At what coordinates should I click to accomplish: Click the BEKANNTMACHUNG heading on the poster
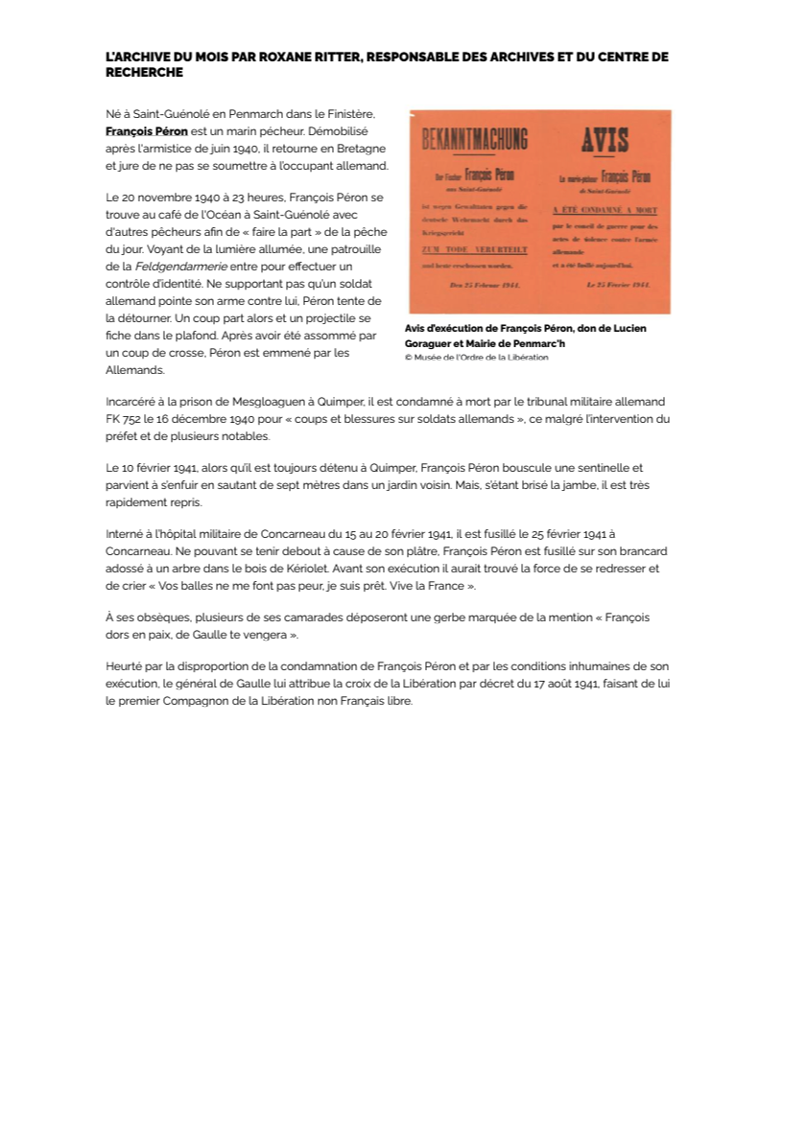475,141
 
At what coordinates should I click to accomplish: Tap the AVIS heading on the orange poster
604,141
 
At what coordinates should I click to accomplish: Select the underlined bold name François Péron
147,130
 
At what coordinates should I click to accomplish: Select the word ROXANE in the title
260,58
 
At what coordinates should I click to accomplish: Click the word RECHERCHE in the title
144,73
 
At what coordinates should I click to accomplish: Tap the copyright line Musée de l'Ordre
477,358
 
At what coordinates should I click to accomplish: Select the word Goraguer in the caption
434,343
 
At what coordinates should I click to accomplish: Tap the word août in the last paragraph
519,684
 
